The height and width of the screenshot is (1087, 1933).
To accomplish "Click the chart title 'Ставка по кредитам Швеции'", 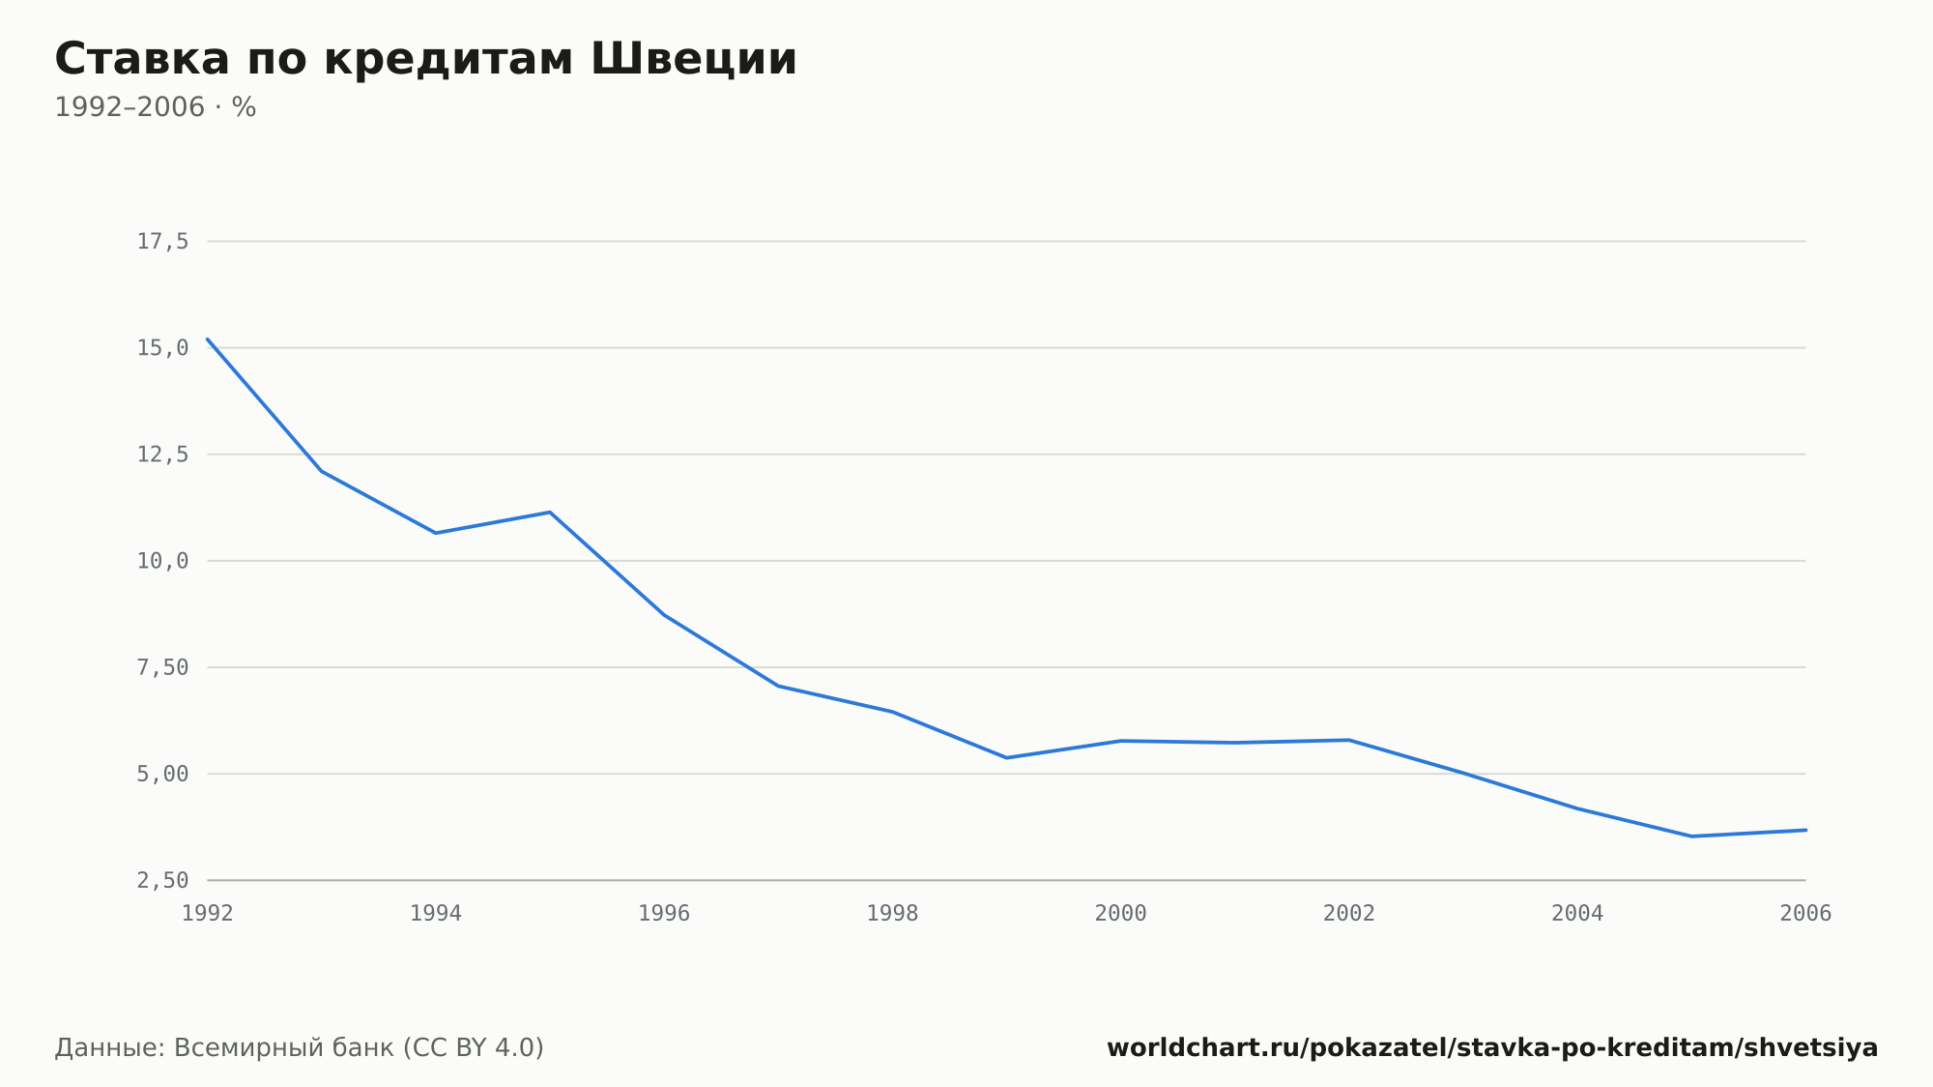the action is (x=425, y=60).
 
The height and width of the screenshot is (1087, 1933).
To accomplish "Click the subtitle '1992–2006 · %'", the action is (x=155, y=107).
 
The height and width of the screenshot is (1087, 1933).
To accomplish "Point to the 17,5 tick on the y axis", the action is (x=162, y=242).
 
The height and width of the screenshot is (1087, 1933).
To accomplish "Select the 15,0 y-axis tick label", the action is (x=162, y=348).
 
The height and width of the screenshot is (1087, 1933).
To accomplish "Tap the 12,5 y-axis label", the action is (x=162, y=455).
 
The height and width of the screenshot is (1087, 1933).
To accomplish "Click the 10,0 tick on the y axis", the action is (x=162, y=561).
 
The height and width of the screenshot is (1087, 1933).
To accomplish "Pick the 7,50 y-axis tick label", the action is (x=162, y=667).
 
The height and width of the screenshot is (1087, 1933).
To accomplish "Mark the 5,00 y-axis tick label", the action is (x=162, y=774).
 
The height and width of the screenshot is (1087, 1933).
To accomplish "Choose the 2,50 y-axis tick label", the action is (x=162, y=880).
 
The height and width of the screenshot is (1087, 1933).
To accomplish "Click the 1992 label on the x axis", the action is (x=208, y=914).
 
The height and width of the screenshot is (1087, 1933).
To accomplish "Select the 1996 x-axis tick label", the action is (x=664, y=914).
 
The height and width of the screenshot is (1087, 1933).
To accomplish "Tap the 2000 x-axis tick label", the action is (x=1121, y=914).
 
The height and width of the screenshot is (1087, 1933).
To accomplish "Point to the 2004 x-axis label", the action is (x=1577, y=914).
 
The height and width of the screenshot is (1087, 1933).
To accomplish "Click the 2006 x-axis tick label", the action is (x=1805, y=914).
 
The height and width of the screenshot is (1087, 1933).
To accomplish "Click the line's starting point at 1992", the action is (x=208, y=339).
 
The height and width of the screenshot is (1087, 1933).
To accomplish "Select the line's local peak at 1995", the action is (x=550, y=513).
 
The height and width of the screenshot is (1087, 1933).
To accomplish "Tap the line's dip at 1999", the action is (x=1007, y=757).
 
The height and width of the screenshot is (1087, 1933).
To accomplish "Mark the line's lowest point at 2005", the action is (x=1691, y=837).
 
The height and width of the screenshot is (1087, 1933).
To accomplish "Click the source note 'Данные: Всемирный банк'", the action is (x=224, y=1048).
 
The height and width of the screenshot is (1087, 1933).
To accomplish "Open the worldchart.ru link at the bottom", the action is (x=1492, y=1048).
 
